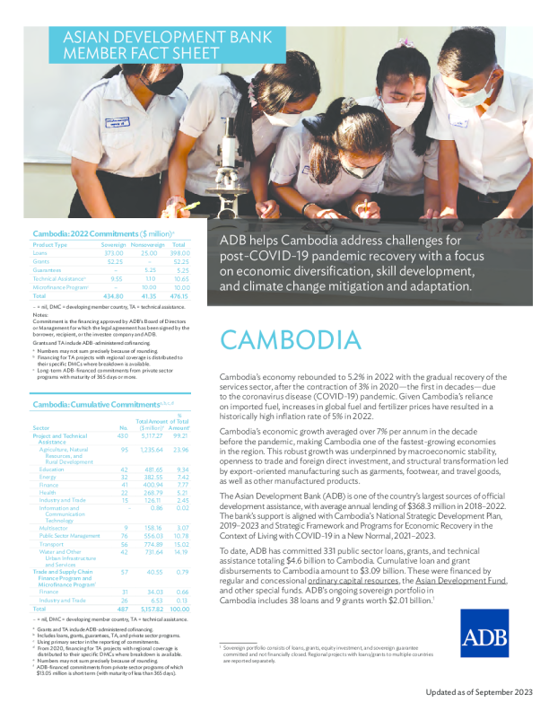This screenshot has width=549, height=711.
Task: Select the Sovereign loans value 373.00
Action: [x=113, y=253]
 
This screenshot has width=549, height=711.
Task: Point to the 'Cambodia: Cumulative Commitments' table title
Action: [x=83, y=381]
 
